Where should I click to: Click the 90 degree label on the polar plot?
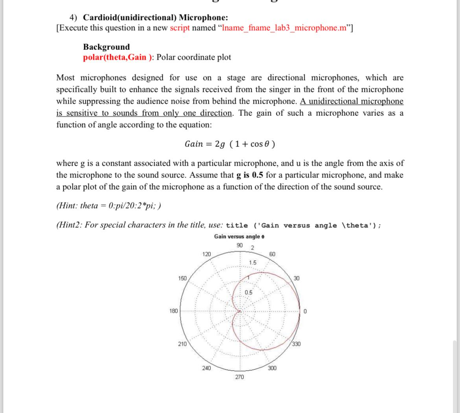(240, 245)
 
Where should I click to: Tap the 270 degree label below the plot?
(239, 377)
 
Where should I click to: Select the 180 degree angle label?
(173, 311)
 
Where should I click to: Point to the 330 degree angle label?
(296, 344)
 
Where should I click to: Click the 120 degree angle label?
(206, 254)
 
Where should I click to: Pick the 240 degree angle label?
(206, 368)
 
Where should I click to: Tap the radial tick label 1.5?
(252, 262)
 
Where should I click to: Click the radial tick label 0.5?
(248, 292)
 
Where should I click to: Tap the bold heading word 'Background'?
(106, 47)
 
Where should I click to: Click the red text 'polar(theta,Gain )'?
(118, 57)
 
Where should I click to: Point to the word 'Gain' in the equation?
(194, 144)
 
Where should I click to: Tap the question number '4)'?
(74, 17)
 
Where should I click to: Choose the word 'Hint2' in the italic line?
(69, 225)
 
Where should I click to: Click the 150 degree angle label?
(182, 278)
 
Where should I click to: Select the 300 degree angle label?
(272, 368)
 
